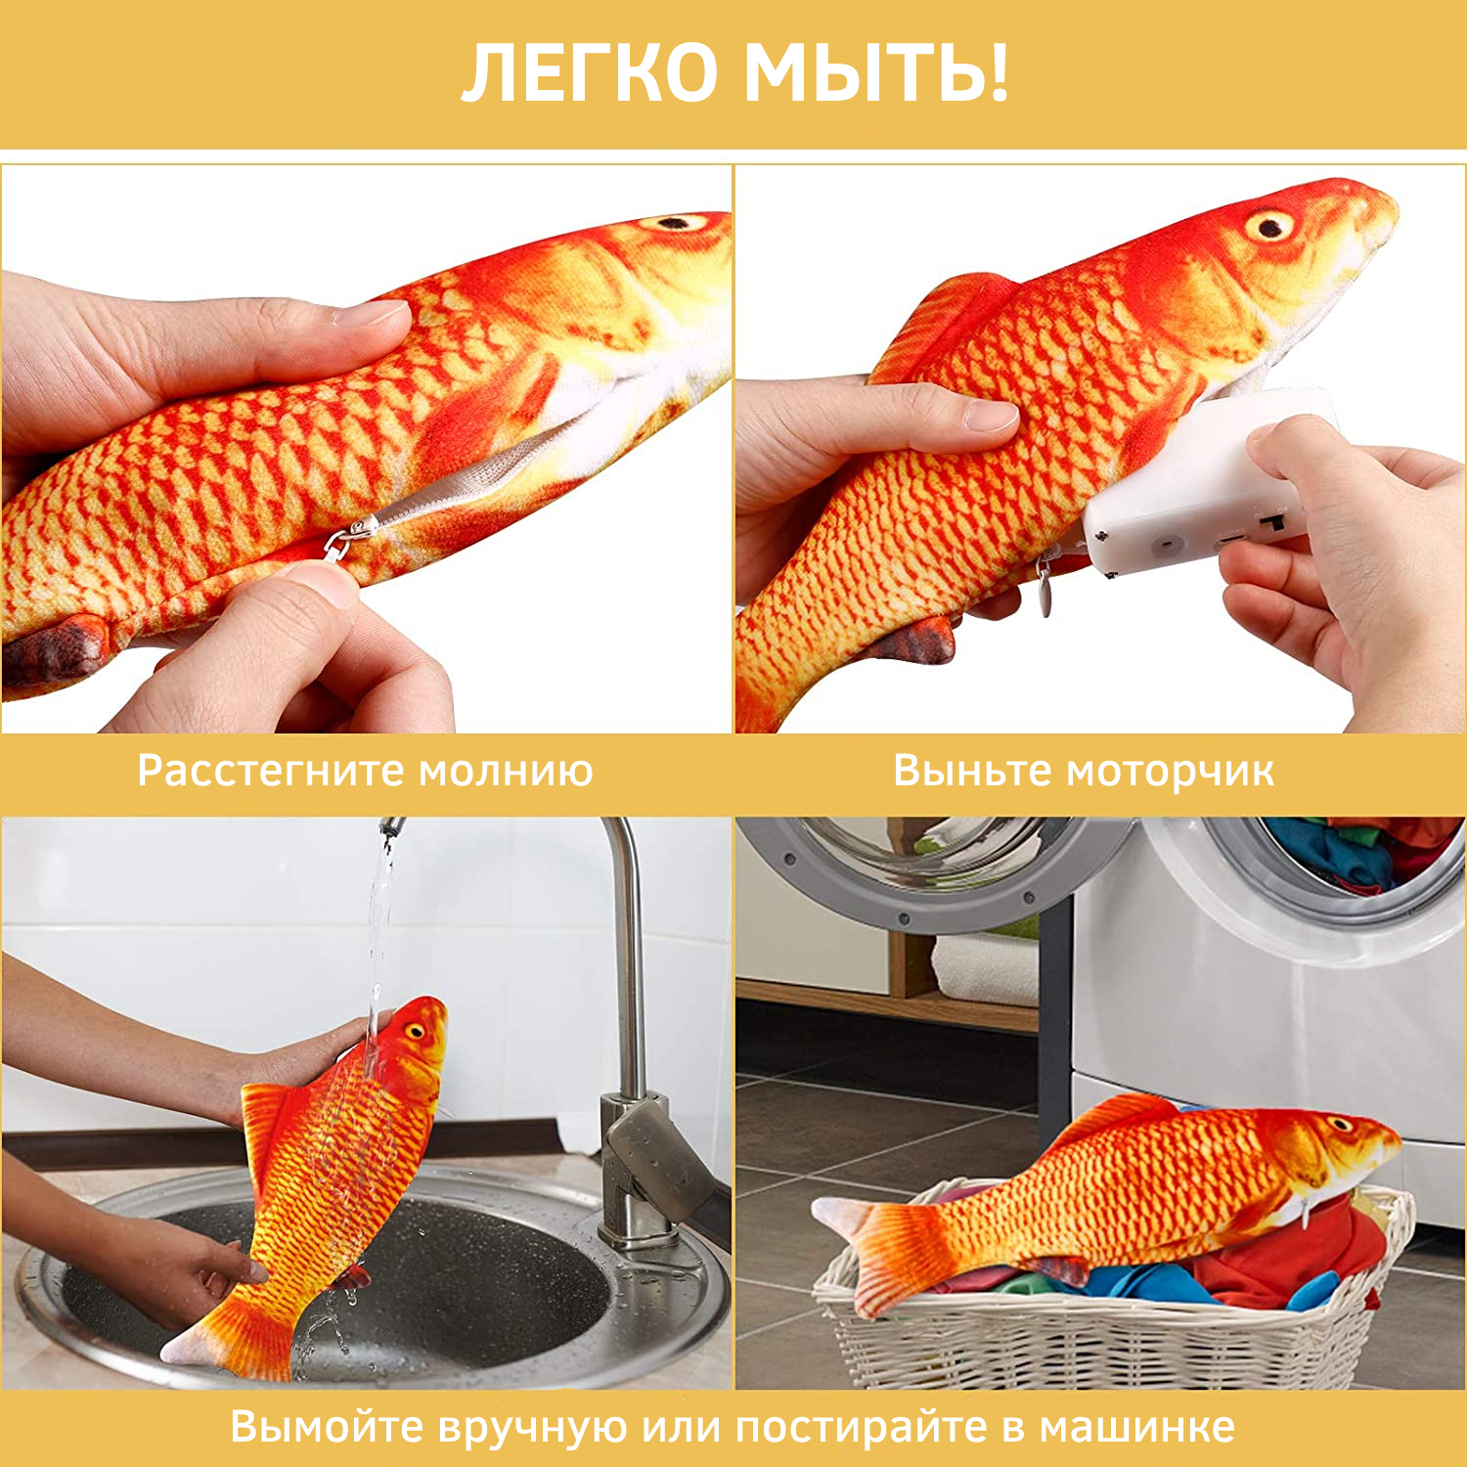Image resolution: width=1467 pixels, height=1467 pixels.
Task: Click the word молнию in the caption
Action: pyautogui.click(x=506, y=772)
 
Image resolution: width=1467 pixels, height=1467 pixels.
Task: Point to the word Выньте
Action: pyautogui.click(x=972, y=771)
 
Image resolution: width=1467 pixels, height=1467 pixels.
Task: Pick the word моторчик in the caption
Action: pyautogui.click(x=1170, y=772)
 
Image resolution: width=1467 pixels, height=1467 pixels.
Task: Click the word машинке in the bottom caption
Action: pyautogui.click(x=1136, y=1427)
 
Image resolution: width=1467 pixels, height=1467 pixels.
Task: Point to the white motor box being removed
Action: pyautogui.click(x=1198, y=484)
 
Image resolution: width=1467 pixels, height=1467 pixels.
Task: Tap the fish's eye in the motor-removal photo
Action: pyautogui.click(x=1270, y=227)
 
